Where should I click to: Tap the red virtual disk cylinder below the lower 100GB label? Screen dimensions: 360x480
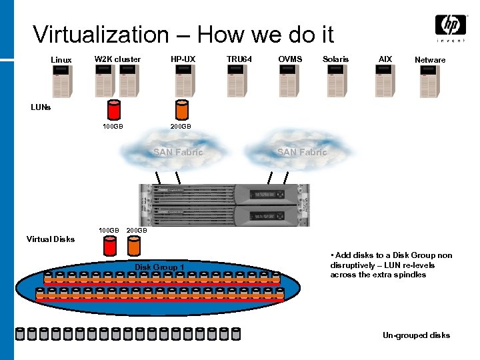[110, 247]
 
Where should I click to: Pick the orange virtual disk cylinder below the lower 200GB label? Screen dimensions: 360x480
[133, 247]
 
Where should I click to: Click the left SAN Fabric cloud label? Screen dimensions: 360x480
[178, 153]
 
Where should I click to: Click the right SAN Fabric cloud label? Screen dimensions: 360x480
[302, 153]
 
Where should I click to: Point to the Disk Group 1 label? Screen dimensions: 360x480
[160, 267]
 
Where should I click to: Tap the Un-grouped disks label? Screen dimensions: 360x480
[416, 335]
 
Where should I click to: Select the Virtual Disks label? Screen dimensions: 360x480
[51, 239]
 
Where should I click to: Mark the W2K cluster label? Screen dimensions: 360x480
[117, 59]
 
